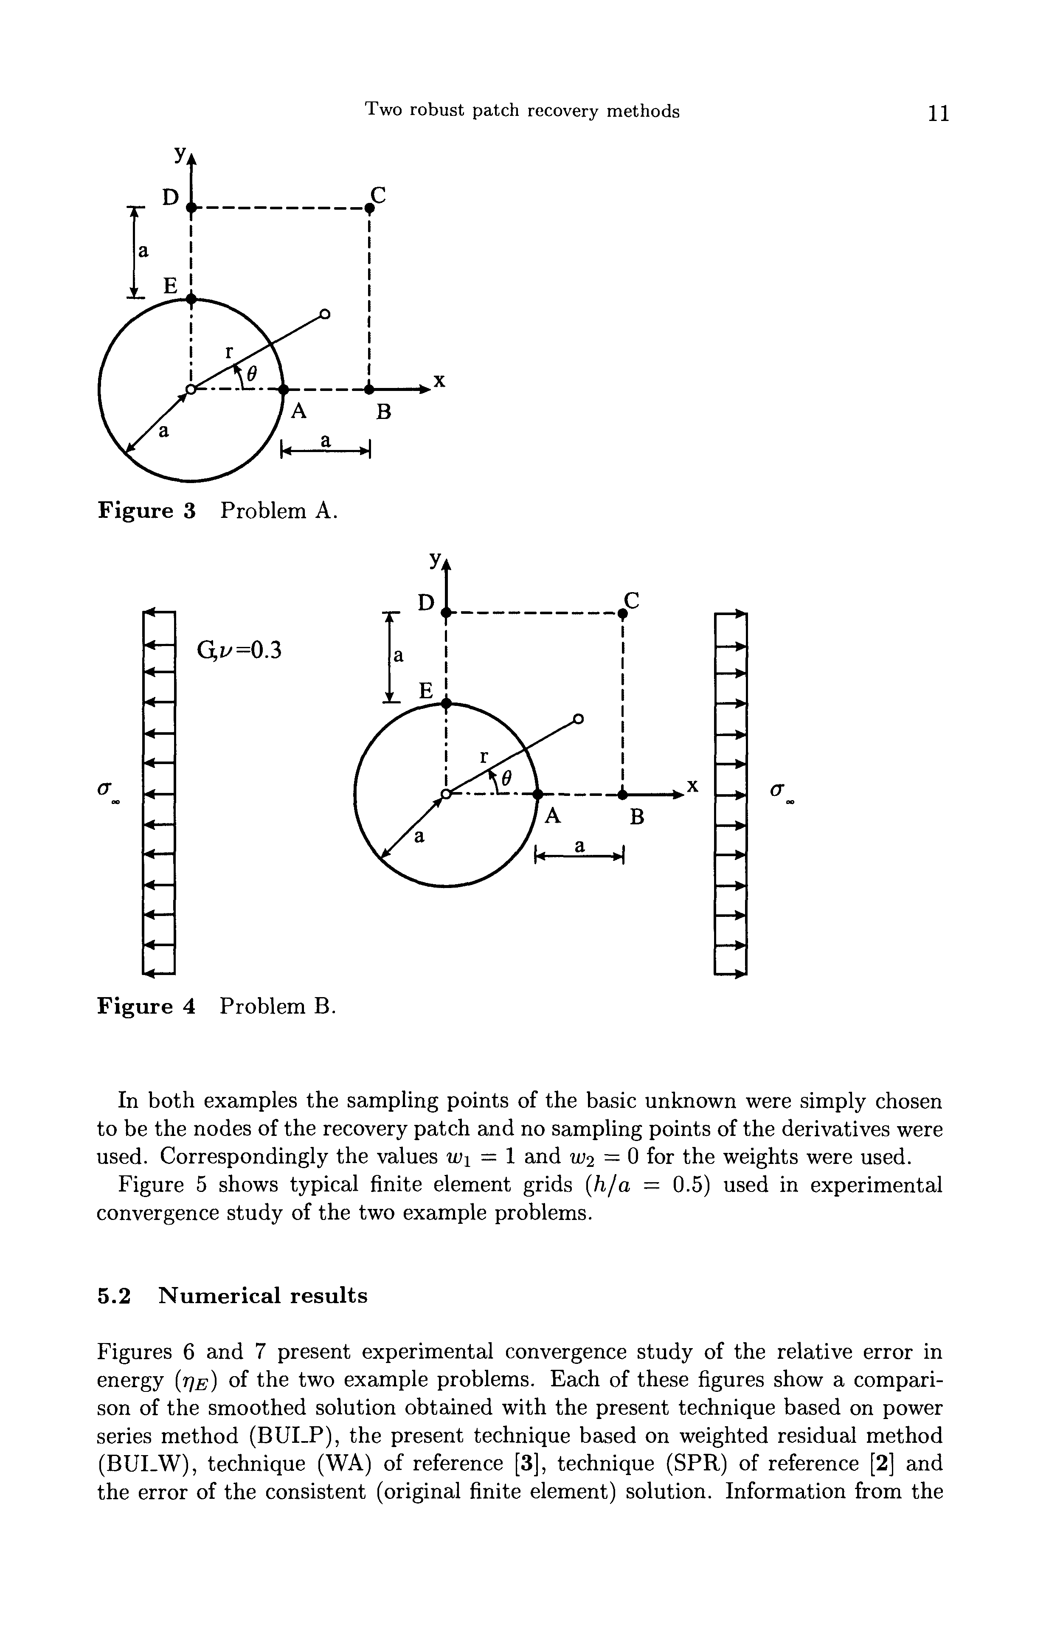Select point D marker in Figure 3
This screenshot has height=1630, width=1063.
click(x=192, y=207)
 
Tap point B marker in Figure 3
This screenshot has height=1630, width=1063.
click(x=369, y=390)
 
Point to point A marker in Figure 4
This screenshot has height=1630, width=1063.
click(x=538, y=795)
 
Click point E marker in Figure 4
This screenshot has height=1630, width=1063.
click(x=447, y=703)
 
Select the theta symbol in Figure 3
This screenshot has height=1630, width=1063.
click(x=251, y=375)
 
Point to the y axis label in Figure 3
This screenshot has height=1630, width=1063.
click(x=180, y=155)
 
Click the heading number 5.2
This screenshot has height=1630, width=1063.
click(x=114, y=1296)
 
